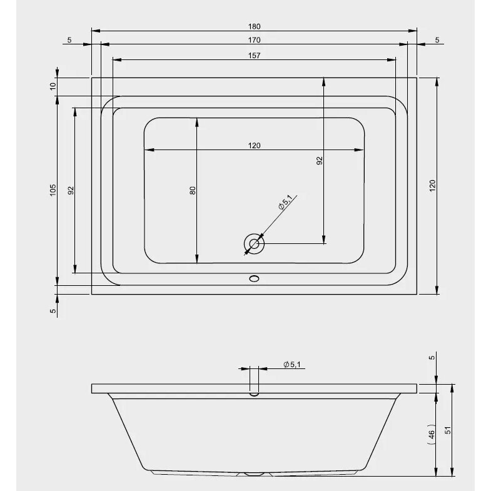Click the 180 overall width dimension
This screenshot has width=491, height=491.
[x=255, y=27]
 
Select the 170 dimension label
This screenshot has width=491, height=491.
[x=255, y=40]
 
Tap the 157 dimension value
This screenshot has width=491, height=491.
[x=255, y=56]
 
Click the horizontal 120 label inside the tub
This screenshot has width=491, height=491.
[x=255, y=146]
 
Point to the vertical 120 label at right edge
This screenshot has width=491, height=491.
[x=432, y=186]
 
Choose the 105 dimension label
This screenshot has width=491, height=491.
[x=53, y=190]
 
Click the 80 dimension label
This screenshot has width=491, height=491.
[x=193, y=190]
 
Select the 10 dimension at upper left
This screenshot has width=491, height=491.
[x=53, y=86]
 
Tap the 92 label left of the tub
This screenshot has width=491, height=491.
[x=71, y=190]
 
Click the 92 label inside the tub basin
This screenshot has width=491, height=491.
[x=320, y=161]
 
